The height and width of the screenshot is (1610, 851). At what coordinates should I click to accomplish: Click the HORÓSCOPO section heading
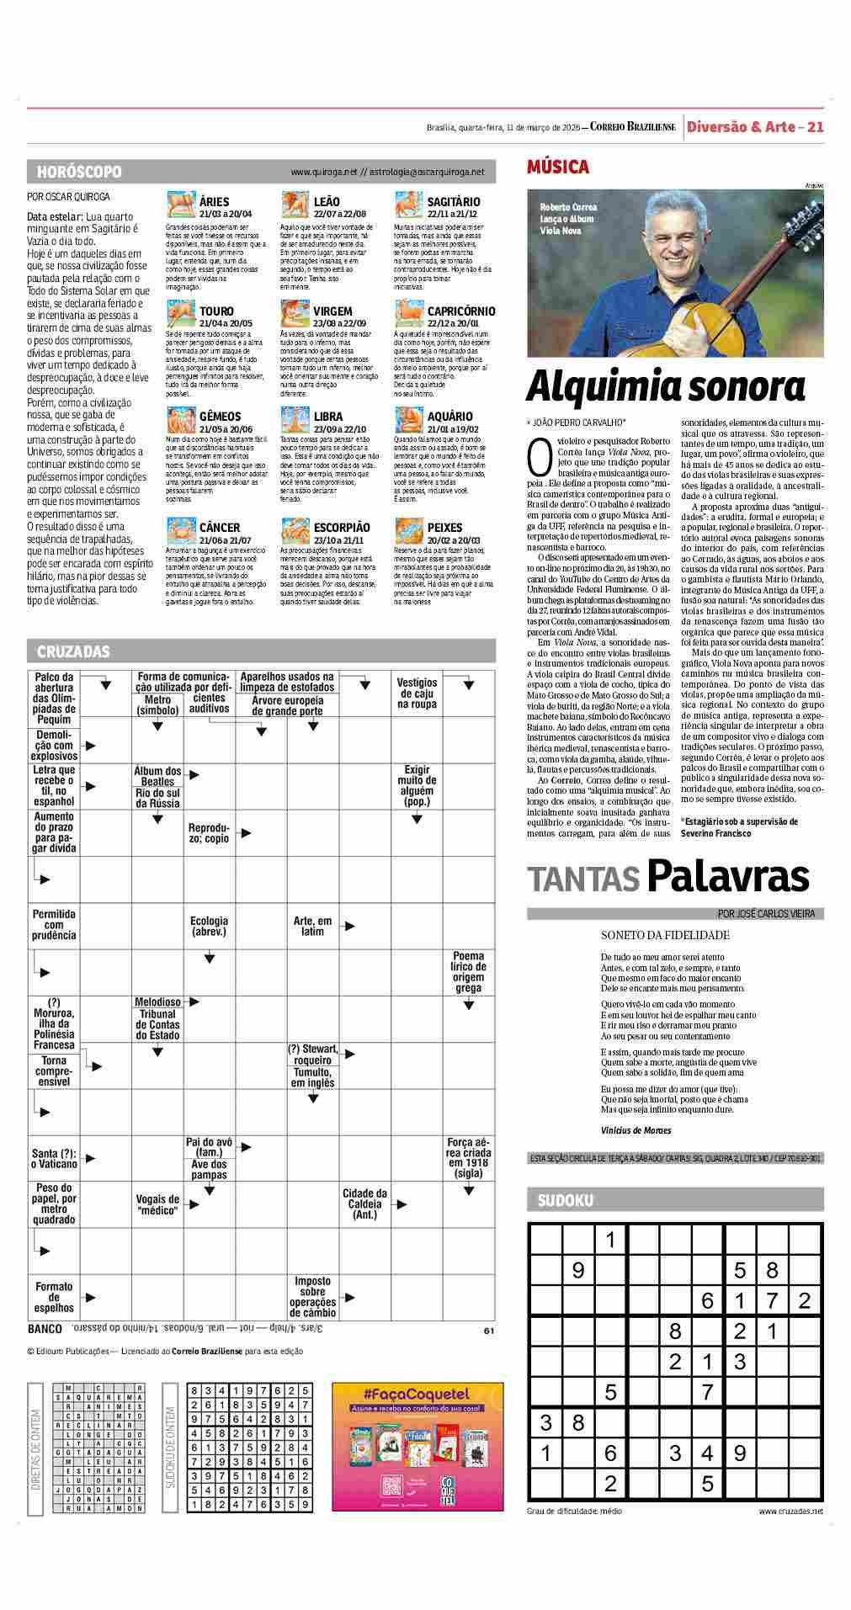tap(79, 172)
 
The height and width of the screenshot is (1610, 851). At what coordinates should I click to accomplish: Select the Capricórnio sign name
tap(460, 311)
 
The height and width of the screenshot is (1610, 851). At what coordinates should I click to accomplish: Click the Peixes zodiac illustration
tap(409, 531)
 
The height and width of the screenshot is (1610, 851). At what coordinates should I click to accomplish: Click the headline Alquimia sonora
tap(665, 387)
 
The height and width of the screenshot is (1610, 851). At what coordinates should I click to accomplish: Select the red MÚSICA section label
tap(557, 167)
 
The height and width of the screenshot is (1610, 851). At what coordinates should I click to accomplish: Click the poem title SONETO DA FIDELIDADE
tap(665, 935)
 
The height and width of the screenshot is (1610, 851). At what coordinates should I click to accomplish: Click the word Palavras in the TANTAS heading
tap(728, 878)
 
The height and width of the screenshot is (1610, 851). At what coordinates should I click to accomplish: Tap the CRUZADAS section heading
tap(73, 651)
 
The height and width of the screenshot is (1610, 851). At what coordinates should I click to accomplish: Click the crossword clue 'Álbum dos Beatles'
tap(157, 776)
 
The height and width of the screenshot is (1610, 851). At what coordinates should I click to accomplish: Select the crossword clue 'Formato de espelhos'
tap(54, 1297)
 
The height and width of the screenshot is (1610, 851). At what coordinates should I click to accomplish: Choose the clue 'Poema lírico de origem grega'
tap(469, 972)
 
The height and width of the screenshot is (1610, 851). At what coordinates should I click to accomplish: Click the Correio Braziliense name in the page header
tap(632, 127)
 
